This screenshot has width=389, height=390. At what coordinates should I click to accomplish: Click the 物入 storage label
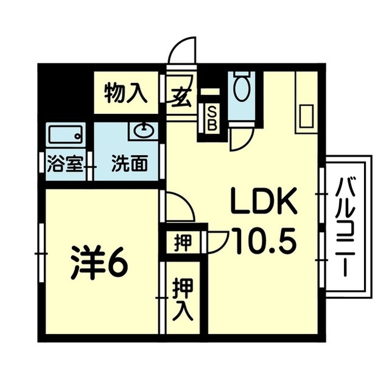pos(125,93)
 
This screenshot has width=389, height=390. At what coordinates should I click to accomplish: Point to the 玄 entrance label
pos(180,96)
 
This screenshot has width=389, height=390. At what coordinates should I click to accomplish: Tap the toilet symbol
pos(241,88)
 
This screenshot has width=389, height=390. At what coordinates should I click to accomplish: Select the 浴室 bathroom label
pos(65,165)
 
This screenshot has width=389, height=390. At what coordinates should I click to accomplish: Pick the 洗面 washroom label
pos(130,165)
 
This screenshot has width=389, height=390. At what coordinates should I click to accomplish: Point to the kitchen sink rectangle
pos(307,115)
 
